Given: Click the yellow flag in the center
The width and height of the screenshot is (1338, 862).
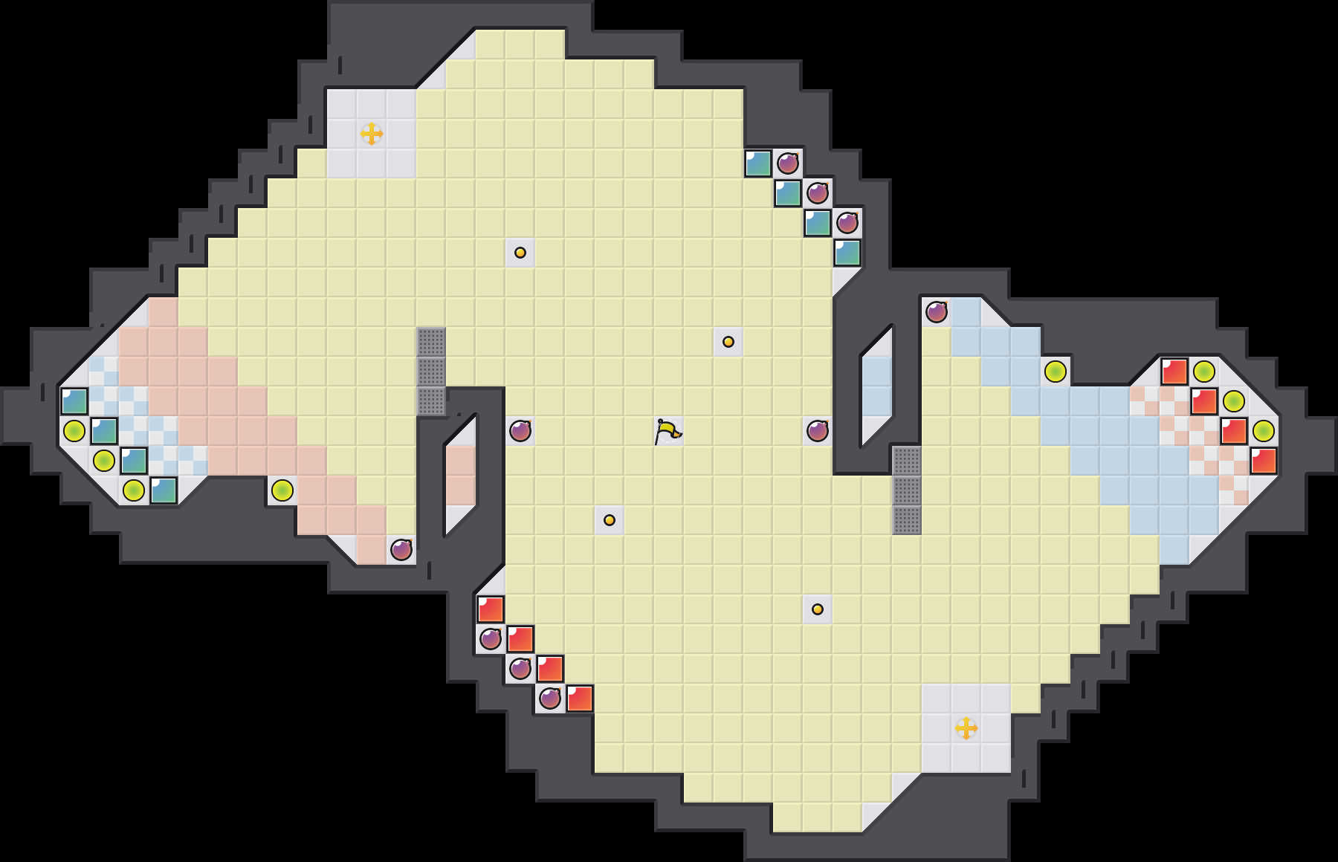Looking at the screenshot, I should click(x=668, y=430).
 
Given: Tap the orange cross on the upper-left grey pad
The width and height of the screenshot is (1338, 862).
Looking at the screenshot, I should click(x=372, y=134).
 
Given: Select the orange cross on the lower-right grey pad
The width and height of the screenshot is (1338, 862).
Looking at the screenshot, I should click(x=966, y=728).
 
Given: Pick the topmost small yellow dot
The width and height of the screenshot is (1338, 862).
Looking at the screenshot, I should click(x=520, y=253).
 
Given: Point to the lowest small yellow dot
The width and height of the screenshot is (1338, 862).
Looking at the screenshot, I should click(x=818, y=609).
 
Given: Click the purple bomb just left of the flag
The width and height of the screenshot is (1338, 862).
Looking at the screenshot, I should click(x=520, y=430).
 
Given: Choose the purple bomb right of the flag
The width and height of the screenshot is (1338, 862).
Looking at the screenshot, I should click(x=818, y=430).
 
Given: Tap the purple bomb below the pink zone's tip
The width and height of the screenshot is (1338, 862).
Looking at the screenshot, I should click(x=401, y=550).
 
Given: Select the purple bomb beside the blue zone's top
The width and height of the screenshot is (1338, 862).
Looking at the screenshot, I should click(x=937, y=312).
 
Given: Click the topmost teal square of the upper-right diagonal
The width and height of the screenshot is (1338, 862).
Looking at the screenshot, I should click(x=758, y=163).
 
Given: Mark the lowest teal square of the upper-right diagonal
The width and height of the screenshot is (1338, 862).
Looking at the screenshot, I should click(x=847, y=253).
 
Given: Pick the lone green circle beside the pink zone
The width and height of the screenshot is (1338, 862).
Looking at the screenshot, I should click(x=282, y=490).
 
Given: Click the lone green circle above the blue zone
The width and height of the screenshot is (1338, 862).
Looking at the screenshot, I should click(x=1056, y=372).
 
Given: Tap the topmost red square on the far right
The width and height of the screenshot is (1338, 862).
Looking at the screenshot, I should click(x=1174, y=372).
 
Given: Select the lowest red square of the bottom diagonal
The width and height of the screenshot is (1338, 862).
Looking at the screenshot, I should click(x=580, y=699).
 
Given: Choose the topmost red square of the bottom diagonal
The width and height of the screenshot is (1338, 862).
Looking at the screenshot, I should click(x=491, y=609).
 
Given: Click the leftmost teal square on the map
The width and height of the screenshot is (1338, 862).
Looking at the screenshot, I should click(x=74, y=401).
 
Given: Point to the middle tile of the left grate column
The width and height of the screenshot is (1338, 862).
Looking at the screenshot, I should click(x=431, y=372).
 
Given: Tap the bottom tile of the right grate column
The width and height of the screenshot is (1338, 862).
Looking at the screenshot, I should click(x=907, y=520).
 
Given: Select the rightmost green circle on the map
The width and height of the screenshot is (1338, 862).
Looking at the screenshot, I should click(x=1264, y=430).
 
